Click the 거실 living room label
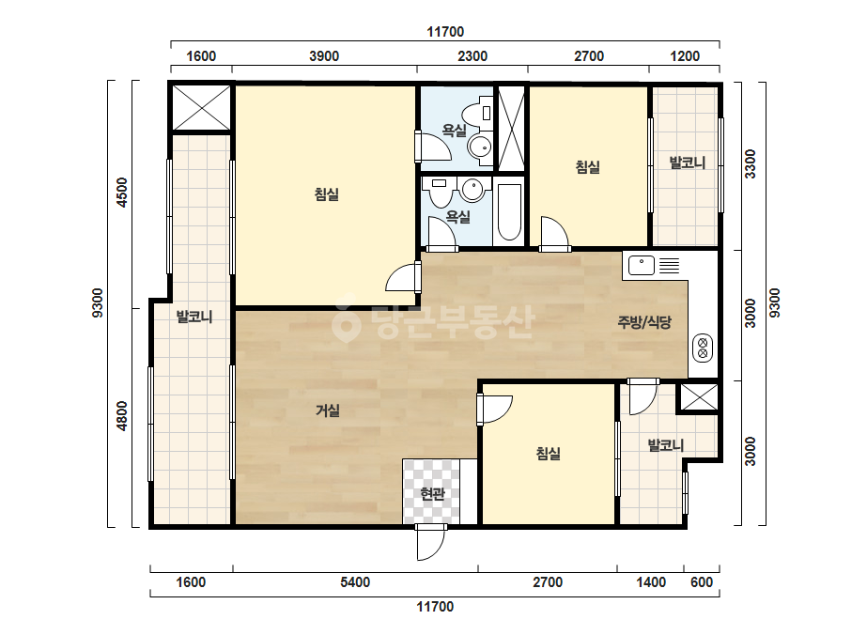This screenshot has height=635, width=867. point(327,410)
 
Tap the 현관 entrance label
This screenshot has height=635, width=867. point(432,493)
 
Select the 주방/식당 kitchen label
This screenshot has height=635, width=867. point(644,322)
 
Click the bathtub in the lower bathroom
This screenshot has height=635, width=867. point(509,212)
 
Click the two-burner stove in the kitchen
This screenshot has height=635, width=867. point(703,348)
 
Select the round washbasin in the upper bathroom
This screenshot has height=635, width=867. point(479,147)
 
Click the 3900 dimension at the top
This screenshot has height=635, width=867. point(324,55)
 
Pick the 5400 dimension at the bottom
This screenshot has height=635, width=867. point(355,581)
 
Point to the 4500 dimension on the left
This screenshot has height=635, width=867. point(122,193)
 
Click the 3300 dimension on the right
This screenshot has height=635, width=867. point(750,163)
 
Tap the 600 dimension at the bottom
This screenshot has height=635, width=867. point(702,581)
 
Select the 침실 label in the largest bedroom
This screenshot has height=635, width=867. point(326,194)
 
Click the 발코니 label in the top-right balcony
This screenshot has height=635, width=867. point(688,163)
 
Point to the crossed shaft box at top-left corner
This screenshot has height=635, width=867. point(202,108)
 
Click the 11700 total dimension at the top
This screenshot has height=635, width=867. point(445,32)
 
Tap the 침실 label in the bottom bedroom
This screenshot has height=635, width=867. point(548,454)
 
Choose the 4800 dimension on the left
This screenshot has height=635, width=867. point(122,416)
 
